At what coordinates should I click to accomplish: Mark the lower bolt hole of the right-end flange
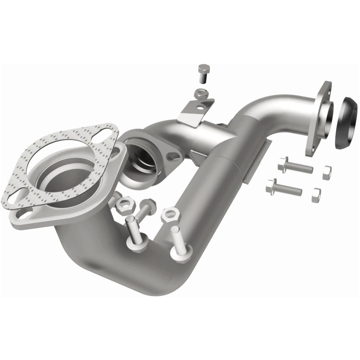[310, 147]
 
